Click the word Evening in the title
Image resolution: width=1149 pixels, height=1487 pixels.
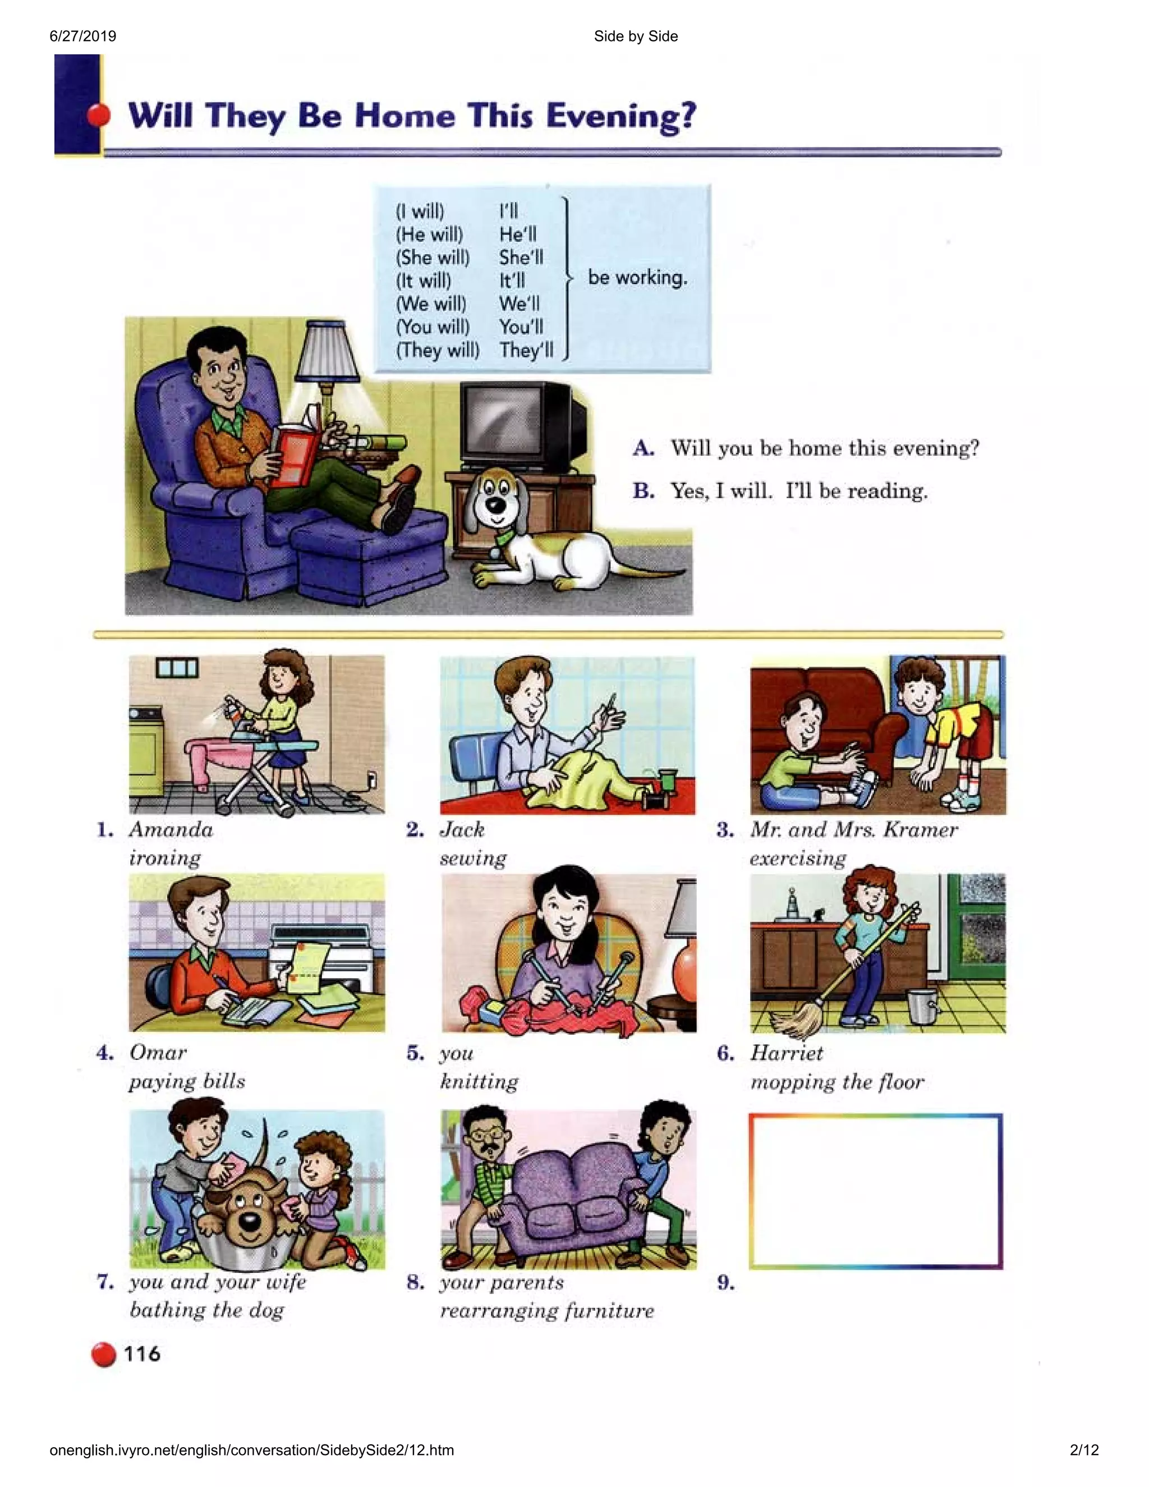tap(621, 116)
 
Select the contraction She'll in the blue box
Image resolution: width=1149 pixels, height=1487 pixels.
tap(521, 258)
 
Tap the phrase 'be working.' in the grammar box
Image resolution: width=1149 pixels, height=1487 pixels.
tap(637, 277)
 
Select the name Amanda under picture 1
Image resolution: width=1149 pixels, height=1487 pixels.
tap(171, 829)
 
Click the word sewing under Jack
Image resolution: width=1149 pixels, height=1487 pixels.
tap(473, 858)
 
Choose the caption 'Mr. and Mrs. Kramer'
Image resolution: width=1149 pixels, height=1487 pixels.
tap(853, 829)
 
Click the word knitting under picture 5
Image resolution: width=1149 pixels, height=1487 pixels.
tap(479, 1081)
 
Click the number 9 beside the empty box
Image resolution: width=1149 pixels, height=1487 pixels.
tap(725, 1283)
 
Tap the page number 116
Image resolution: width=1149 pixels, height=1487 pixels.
tap(141, 1353)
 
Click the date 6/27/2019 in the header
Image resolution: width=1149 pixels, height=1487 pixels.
tap(83, 36)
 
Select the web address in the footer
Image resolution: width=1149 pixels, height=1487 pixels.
tap(251, 1449)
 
